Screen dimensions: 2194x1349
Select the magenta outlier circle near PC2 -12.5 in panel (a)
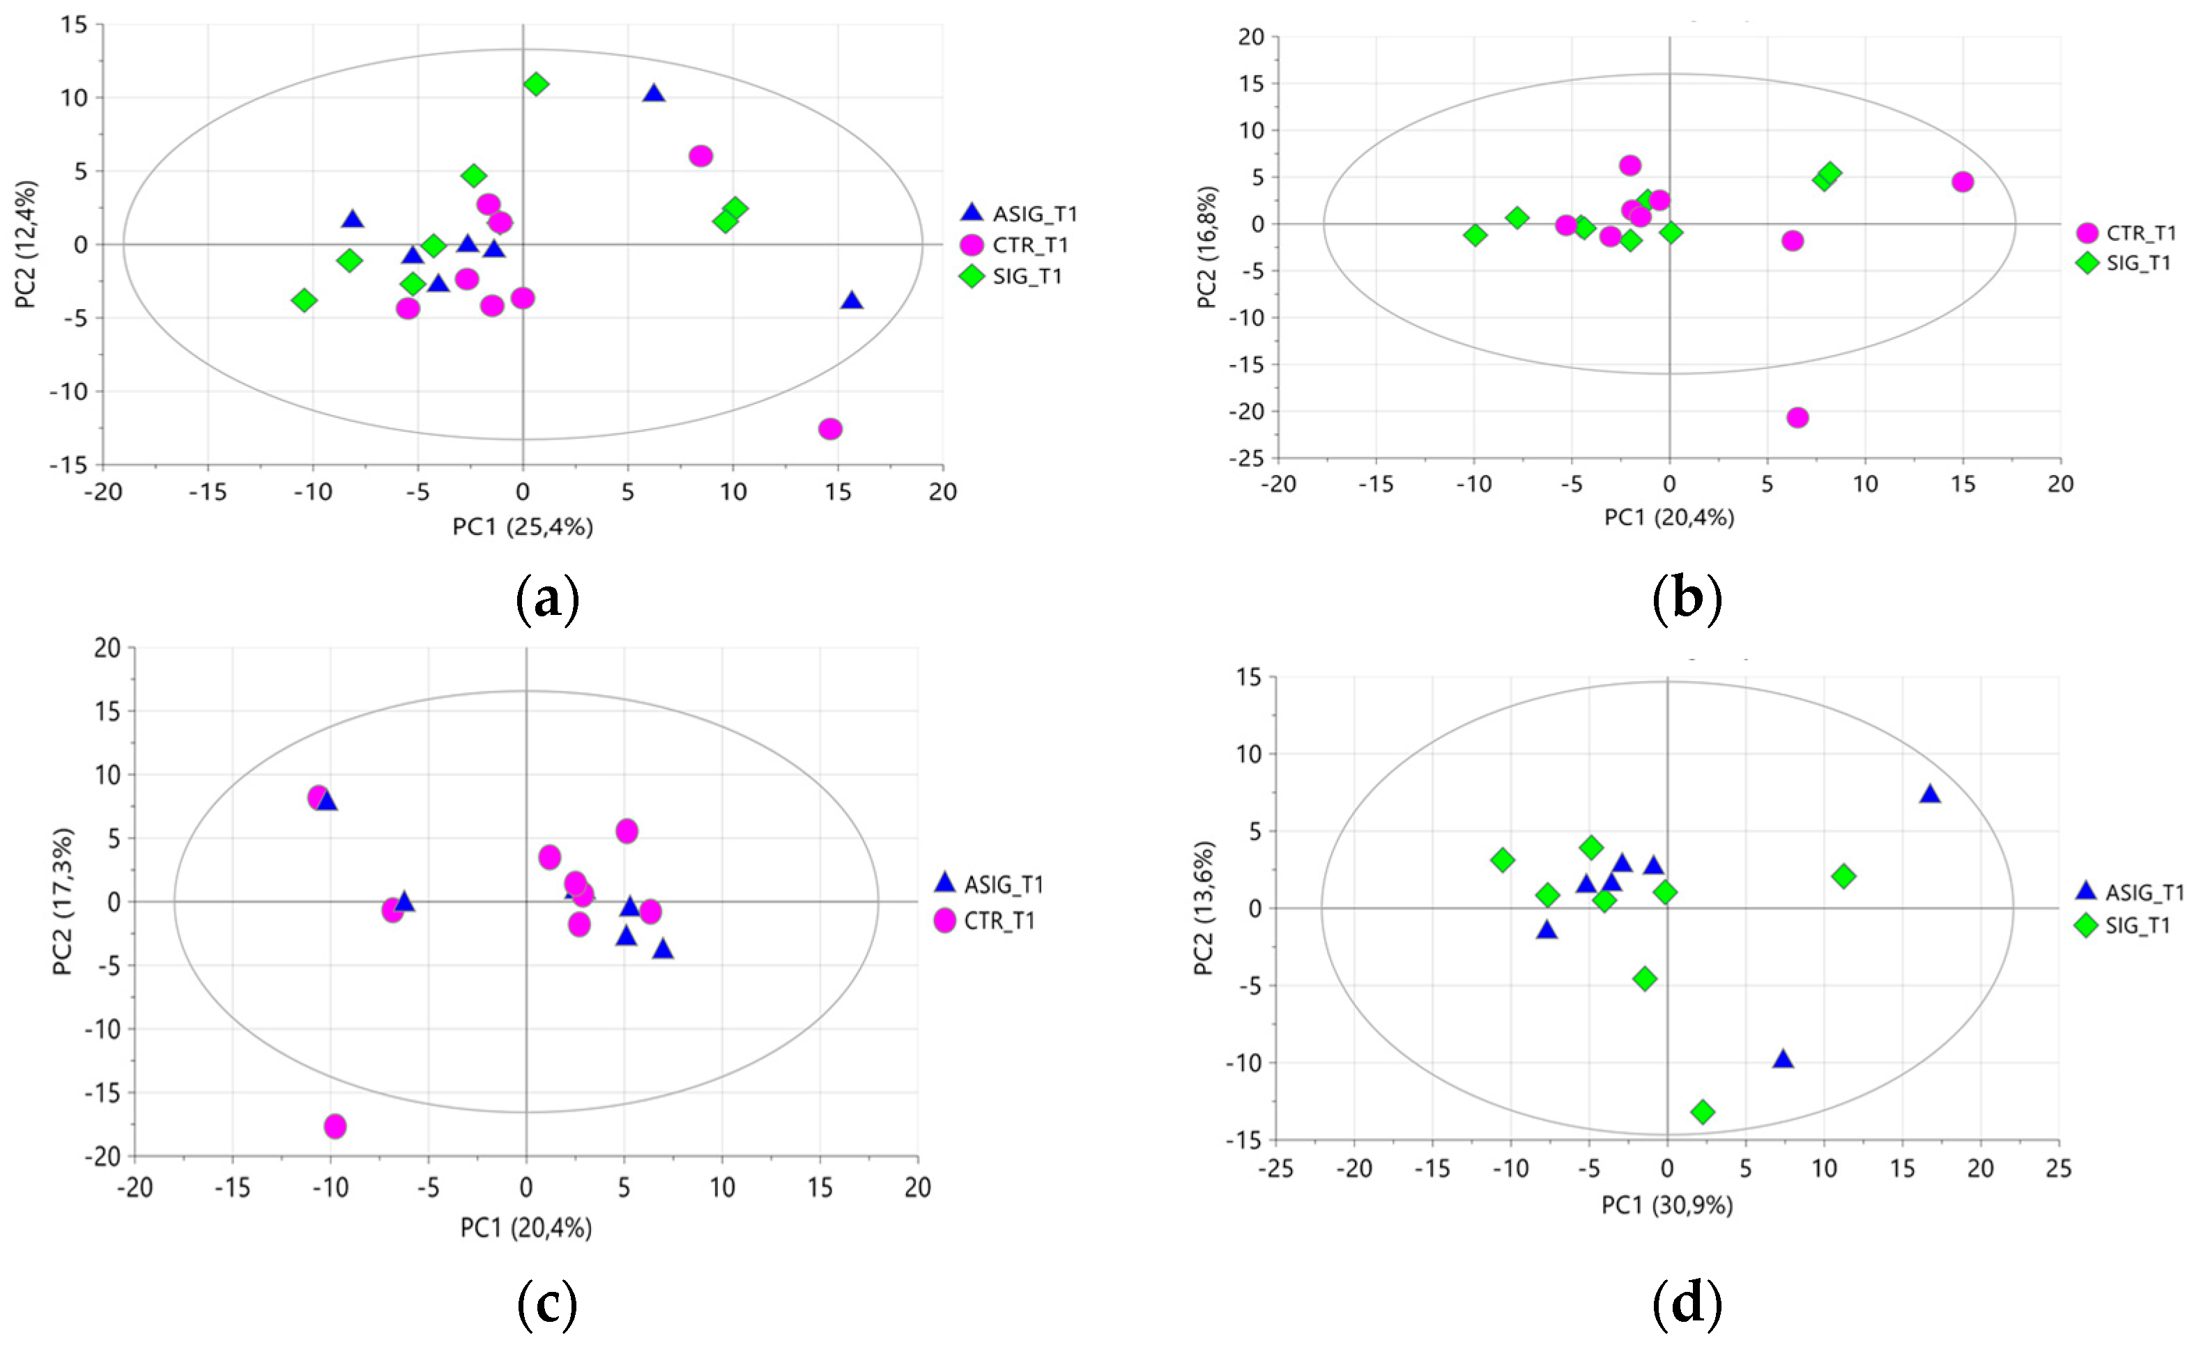coord(830,428)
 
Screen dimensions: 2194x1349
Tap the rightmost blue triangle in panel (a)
coord(852,299)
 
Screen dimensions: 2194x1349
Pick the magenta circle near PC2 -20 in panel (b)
coord(1797,416)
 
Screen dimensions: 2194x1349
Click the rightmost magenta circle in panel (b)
coord(1962,181)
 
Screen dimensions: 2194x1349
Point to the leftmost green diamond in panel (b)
coord(1475,235)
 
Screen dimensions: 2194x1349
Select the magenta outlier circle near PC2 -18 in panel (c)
coord(335,1126)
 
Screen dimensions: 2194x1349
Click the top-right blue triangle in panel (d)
coord(1930,793)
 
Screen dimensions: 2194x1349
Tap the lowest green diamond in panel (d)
coord(1702,1111)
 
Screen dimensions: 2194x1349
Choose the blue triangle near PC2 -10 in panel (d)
coord(1783,1059)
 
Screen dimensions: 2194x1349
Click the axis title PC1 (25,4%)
coord(522,527)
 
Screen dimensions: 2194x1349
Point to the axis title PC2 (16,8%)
coord(1207,247)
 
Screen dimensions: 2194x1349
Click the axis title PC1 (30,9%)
coord(1666,1206)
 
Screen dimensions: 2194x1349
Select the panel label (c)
coord(547,1304)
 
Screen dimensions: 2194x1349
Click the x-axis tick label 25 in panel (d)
coord(2058,1168)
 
